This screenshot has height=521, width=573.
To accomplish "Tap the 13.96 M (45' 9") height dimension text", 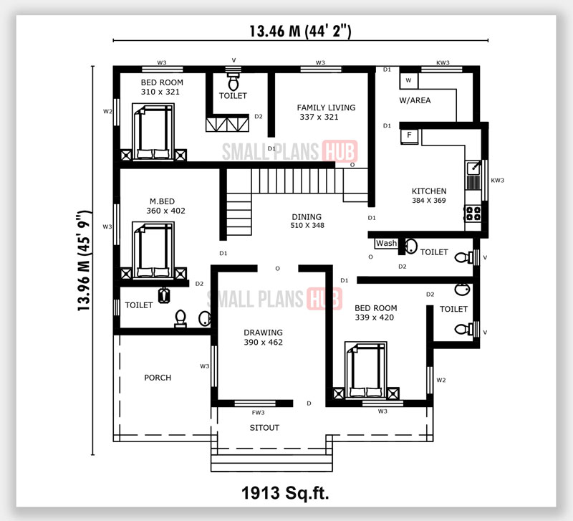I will pyautogui.click(x=85, y=259).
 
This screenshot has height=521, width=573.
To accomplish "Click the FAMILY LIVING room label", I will pyautogui.click(x=326, y=107).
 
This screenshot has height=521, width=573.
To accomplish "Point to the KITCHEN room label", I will pyautogui.click(x=429, y=191).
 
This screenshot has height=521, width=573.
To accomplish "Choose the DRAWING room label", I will pyautogui.click(x=263, y=333).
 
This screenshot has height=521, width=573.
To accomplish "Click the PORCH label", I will pyautogui.click(x=158, y=378).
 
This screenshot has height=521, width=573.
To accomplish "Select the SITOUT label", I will pyautogui.click(x=264, y=428).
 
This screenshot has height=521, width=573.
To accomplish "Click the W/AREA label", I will pyautogui.click(x=415, y=100).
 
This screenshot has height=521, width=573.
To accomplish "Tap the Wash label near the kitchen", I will pyautogui.click(x=386, y=244).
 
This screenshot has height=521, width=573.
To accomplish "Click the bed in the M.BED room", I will pyautogui.click(x=155, y=248).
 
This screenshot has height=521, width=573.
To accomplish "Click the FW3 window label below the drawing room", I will pyautogui.click(x=258, y=413).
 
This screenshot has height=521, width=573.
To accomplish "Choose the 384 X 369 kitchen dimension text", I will pyautogui.click(x=429, y=201).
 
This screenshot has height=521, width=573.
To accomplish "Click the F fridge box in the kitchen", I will pyautogui.click(x=409, y=135).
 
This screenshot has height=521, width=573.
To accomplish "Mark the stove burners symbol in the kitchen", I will pyautogui.click(x=473, y=213).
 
